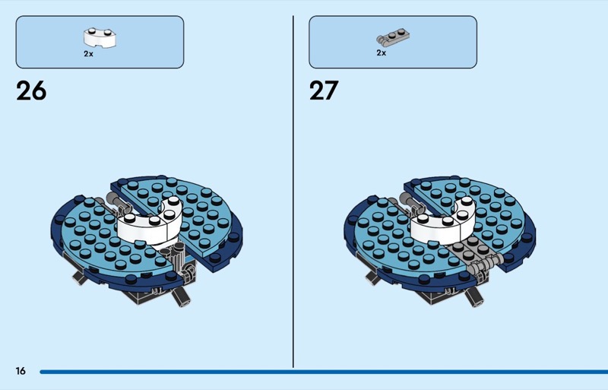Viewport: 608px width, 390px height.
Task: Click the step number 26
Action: [31, 90]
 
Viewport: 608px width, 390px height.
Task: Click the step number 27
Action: [324, 90]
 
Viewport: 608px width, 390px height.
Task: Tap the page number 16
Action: [21, 371]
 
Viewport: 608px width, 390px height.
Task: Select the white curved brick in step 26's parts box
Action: [100, 38]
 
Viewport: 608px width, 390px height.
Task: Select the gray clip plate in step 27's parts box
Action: [393, 36]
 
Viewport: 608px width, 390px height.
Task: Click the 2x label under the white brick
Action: [88, 54]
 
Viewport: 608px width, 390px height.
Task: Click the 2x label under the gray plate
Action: [382, 52]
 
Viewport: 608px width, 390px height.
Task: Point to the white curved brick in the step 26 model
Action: [149, 224]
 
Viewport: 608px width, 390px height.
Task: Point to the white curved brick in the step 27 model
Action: [442, 224]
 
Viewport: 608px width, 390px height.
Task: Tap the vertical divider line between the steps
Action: [293, 192]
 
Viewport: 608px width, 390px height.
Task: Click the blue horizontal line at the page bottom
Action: [324, 372]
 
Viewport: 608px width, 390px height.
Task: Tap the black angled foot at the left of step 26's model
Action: [79, 277]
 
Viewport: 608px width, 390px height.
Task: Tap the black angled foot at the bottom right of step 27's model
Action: [473, 296]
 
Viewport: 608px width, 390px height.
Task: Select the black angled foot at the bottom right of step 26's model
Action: [181, 296]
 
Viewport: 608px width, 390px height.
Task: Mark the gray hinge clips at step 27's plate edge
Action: [486, 265]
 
